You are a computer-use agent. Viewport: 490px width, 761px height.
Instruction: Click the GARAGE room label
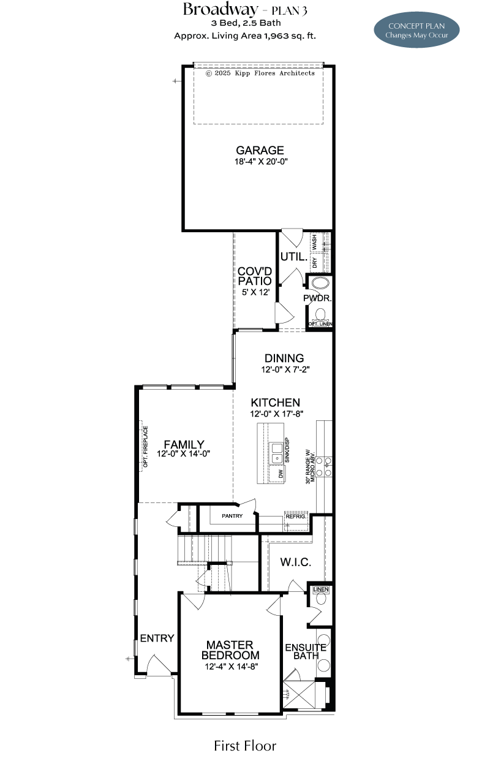tap(260, 150)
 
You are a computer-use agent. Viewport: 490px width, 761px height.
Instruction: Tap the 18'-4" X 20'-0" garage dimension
tap(261, 161)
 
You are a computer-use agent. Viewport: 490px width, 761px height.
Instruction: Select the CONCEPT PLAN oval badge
tap(417, 30)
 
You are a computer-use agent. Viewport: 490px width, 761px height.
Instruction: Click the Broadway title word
tap(221, 10)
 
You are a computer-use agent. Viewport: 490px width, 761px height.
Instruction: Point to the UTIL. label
tap(294, 257)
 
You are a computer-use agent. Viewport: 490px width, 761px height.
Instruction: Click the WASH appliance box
tap(315, 241)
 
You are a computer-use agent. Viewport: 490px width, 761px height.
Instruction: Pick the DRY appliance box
tap(315, 262)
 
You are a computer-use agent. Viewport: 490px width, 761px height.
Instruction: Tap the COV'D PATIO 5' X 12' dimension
tap(255, 292)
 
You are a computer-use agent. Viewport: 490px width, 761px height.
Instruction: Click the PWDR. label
tap(317, 298)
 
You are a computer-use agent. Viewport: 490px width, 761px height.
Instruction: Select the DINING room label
tap(284, 358)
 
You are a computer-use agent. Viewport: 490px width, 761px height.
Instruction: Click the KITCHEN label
tap(276, 403)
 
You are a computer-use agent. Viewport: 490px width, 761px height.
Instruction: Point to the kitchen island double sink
tap(276, 453)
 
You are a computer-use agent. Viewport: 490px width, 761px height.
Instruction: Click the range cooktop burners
tap(323, 466)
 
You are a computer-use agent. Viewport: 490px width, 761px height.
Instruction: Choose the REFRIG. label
tap(295, 517)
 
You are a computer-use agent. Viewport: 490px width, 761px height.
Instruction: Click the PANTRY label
tap(232, 516)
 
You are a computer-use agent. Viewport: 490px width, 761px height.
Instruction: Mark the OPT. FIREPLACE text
tap(145, 446)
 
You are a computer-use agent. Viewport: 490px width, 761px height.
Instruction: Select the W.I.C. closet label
tap(295, 562)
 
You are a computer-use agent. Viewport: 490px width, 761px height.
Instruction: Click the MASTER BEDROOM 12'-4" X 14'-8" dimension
tap(232, 666)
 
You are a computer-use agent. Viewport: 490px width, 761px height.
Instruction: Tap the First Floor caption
tap(245, 746)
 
